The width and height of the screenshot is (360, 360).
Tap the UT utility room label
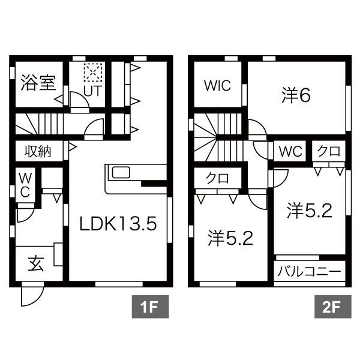click(92, 91)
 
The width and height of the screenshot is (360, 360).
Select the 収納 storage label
click(37, 151)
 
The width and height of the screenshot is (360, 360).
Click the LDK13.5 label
click(119, 224)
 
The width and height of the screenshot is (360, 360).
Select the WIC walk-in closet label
click(216, 86)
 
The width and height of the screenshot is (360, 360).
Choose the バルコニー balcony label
click(310, 271)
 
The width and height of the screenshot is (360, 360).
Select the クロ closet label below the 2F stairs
click(217, 179)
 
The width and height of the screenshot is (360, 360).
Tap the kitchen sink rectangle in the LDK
click(121, 173)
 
